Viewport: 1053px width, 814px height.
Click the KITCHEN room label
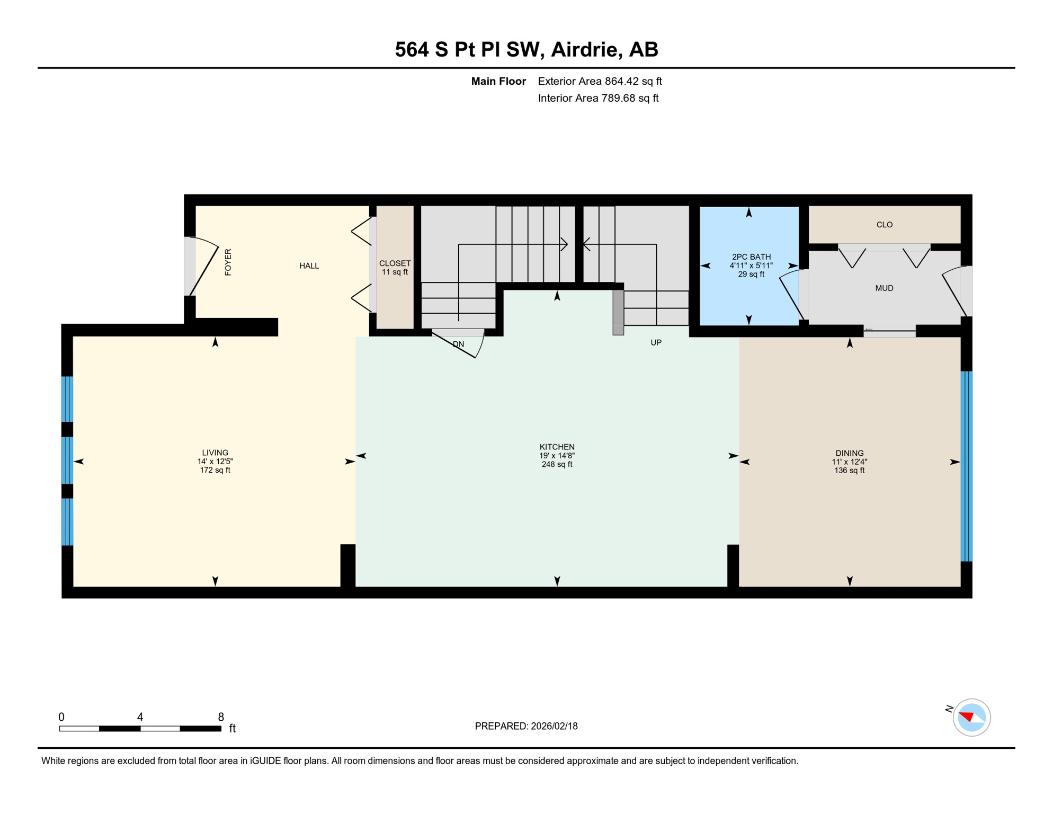click(557, 447)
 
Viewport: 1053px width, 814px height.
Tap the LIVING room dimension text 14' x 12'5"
click(215, 462)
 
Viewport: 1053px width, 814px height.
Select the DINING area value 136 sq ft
click(849, 471)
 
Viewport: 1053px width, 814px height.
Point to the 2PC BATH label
click(751, 257)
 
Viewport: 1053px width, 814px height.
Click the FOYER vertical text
click(228, 262)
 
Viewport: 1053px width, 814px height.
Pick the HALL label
click(309, 266)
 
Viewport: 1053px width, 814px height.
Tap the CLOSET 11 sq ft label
click(395, 268)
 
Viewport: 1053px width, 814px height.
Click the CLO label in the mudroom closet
click(884, 225)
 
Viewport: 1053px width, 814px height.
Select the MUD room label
click(884, 288)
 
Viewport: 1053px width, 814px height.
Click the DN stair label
click(458, 344)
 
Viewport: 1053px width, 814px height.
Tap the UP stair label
click(656, 343)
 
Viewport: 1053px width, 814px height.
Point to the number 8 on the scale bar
click(221, 717)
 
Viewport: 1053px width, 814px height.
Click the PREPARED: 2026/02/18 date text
click(526, 726)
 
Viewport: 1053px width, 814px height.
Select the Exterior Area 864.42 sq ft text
click(600, 81)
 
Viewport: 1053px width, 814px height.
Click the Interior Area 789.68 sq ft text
click(598, 98)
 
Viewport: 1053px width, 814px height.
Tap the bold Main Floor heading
click(498, 81)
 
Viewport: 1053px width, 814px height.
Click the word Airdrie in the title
click(586, 49)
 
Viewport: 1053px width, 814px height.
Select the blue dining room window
click(966, 466)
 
